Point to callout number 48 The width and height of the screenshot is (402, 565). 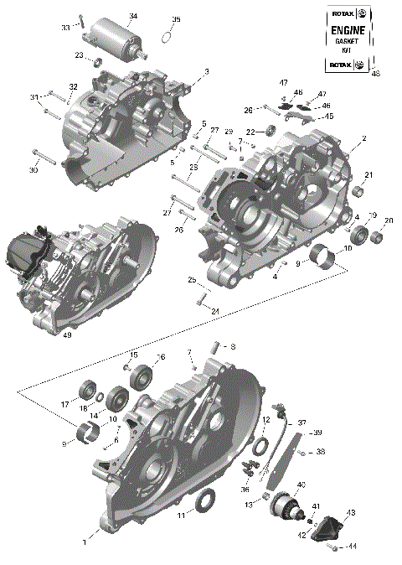point(375,74)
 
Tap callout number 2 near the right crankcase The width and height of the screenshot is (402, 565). point(363,137)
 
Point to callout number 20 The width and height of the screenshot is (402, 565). point(388,220)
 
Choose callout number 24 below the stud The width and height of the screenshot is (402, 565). point(215,312)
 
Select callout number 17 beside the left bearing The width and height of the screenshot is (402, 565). point(64,404)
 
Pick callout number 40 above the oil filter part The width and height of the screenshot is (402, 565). point(301,485)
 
